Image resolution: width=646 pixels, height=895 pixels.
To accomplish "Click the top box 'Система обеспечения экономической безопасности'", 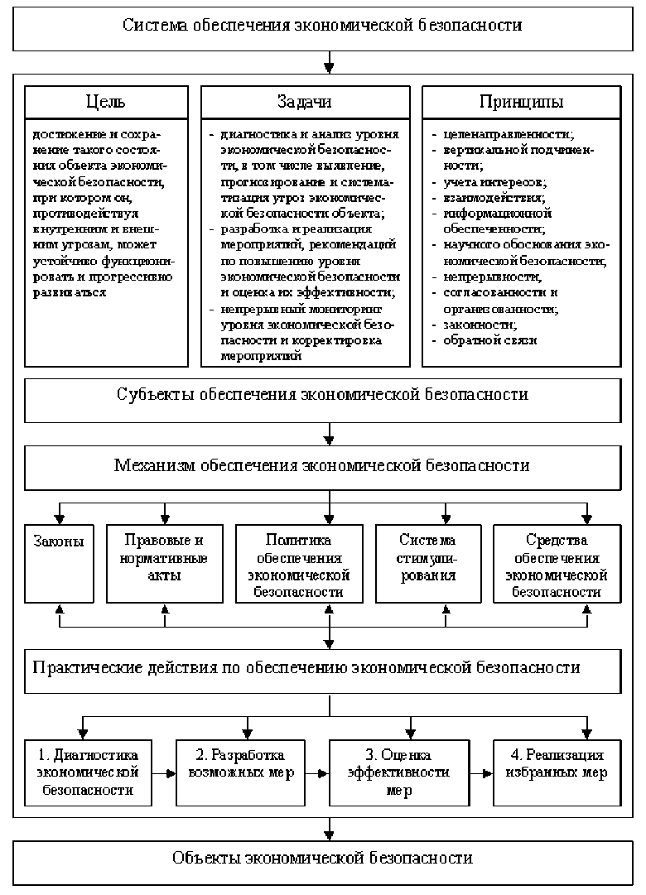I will click(322, 26).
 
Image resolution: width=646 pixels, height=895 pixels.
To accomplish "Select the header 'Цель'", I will click(106, 102).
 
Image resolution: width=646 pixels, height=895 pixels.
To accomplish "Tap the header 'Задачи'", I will click(305, 102).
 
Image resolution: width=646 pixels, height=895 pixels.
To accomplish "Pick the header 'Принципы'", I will click(521, 102).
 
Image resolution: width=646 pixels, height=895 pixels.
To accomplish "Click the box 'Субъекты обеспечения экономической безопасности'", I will click(322, 395).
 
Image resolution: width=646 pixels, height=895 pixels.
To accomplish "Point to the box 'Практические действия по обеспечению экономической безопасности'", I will click(322, 666).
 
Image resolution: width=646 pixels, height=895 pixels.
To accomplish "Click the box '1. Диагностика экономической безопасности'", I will click(89, 772).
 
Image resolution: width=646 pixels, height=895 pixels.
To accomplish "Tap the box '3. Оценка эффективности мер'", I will click(406, 772).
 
